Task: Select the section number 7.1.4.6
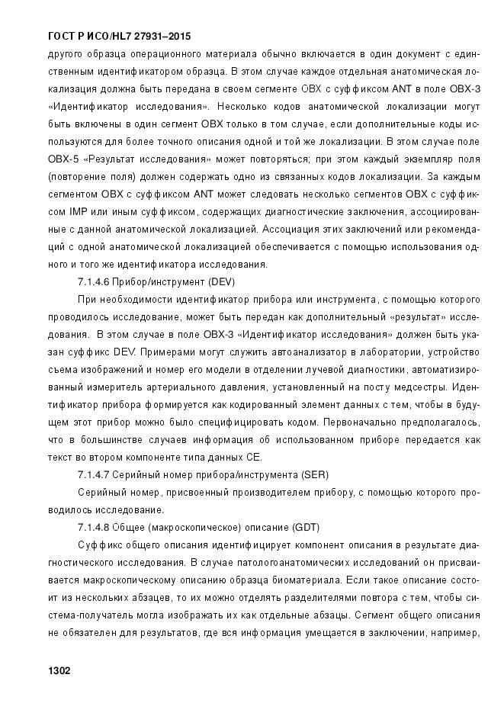tap(94, 282)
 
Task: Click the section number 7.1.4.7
tap(94, 474)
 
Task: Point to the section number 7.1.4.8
tap(94, 527)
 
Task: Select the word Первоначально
tap(364, 422)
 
